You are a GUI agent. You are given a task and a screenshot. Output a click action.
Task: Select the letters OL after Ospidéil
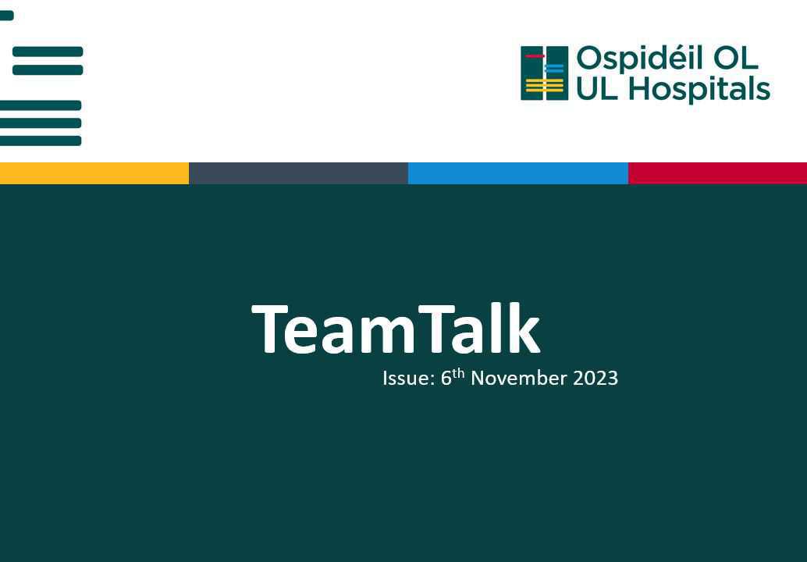coord(736,59)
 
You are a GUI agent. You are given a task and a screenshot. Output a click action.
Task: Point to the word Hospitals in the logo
coord(699,89)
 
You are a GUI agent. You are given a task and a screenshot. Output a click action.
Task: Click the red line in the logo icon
coord(535,56)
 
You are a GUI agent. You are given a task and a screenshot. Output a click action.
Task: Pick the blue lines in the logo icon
coord(554,69)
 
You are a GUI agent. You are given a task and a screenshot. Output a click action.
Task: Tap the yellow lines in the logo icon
coord(544,85)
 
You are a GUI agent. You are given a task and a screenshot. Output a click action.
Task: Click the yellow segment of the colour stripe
coord(94,173)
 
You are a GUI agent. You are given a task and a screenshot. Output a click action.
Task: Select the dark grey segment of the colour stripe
coord(298,173)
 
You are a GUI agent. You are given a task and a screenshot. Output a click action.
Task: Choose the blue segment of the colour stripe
coord(517,173)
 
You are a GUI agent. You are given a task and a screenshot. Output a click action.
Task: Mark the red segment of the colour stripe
coord(717,173)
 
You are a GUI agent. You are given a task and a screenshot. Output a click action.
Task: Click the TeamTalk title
coord(396,329)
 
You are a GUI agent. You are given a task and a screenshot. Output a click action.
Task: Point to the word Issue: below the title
coord(408,379)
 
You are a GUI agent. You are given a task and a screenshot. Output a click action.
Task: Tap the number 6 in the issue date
coord(446,379)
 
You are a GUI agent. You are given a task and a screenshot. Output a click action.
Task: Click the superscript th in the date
coord(458,373)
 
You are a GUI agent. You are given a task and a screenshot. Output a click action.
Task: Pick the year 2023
coord(595,379)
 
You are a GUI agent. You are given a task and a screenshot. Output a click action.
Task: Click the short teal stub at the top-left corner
coord(6,16)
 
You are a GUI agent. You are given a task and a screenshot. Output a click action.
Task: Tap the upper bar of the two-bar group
coord(48,52)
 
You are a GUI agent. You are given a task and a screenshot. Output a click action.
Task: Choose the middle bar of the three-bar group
coord(41,123)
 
